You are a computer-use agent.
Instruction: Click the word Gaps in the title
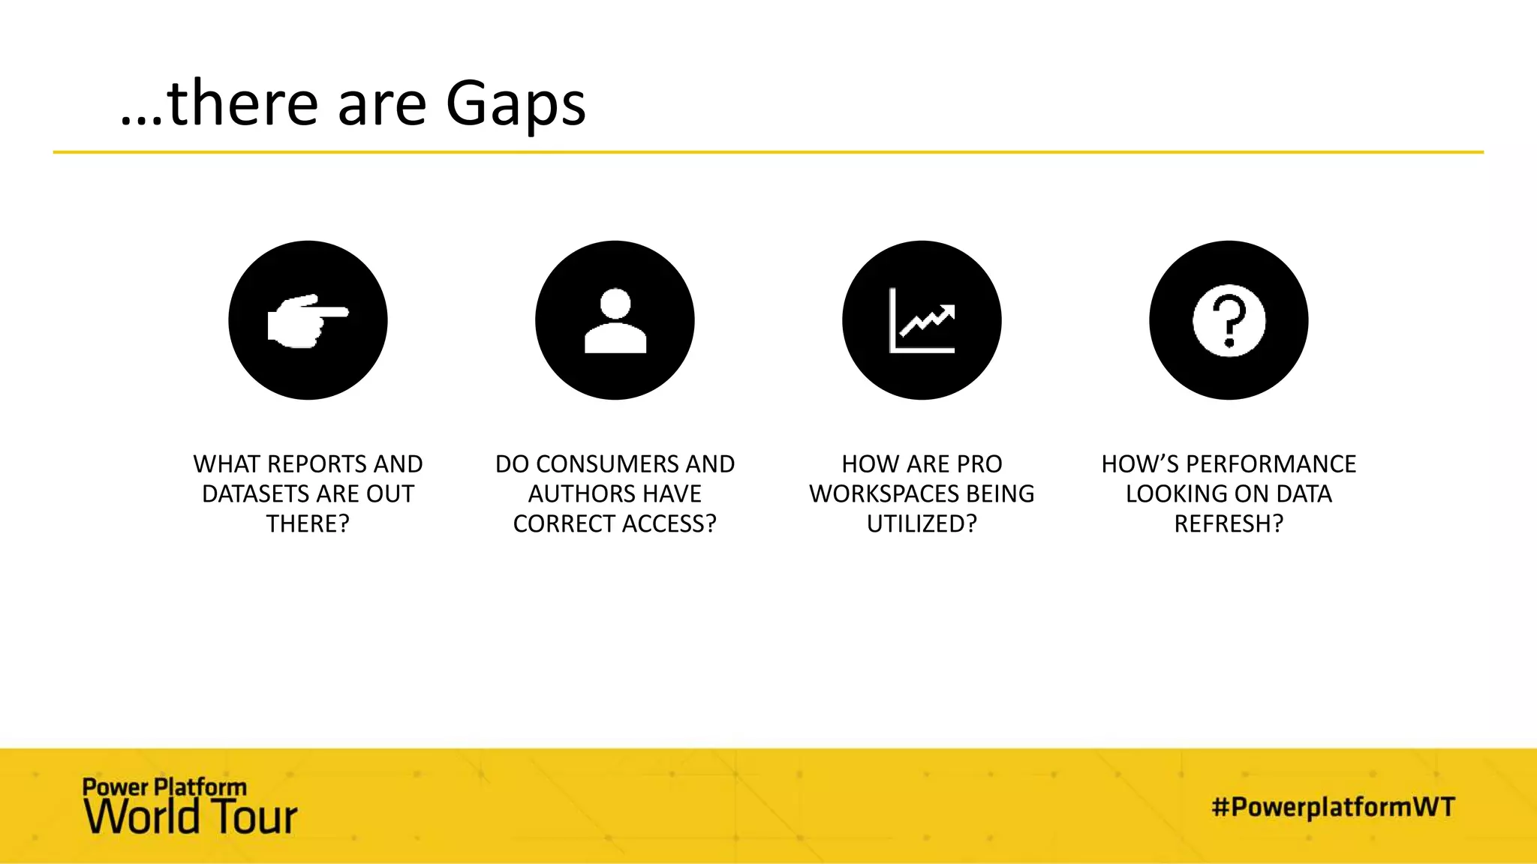[x=515, y=105]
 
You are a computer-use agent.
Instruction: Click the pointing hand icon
[x=308, y=320]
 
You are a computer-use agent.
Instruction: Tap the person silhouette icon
[x=615, y=320]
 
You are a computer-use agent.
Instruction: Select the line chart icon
[x=922, y=320]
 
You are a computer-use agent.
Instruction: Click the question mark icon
[x=1229, y=320]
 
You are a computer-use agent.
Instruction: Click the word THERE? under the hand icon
[x=308, y=523]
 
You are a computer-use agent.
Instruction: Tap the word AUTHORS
[x=578, y=494]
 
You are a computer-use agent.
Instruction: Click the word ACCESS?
[x=666, y=523]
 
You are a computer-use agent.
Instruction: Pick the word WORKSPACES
[x=884, y=494]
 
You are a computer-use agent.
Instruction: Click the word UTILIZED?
[x=922, y=523]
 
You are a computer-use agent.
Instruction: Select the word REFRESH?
[x=1229, y=523]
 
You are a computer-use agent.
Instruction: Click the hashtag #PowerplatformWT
[x=1333, y=807]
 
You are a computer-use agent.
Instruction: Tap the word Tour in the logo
[x=254, y=818]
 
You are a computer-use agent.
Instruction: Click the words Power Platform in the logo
[x=164, y=787]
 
